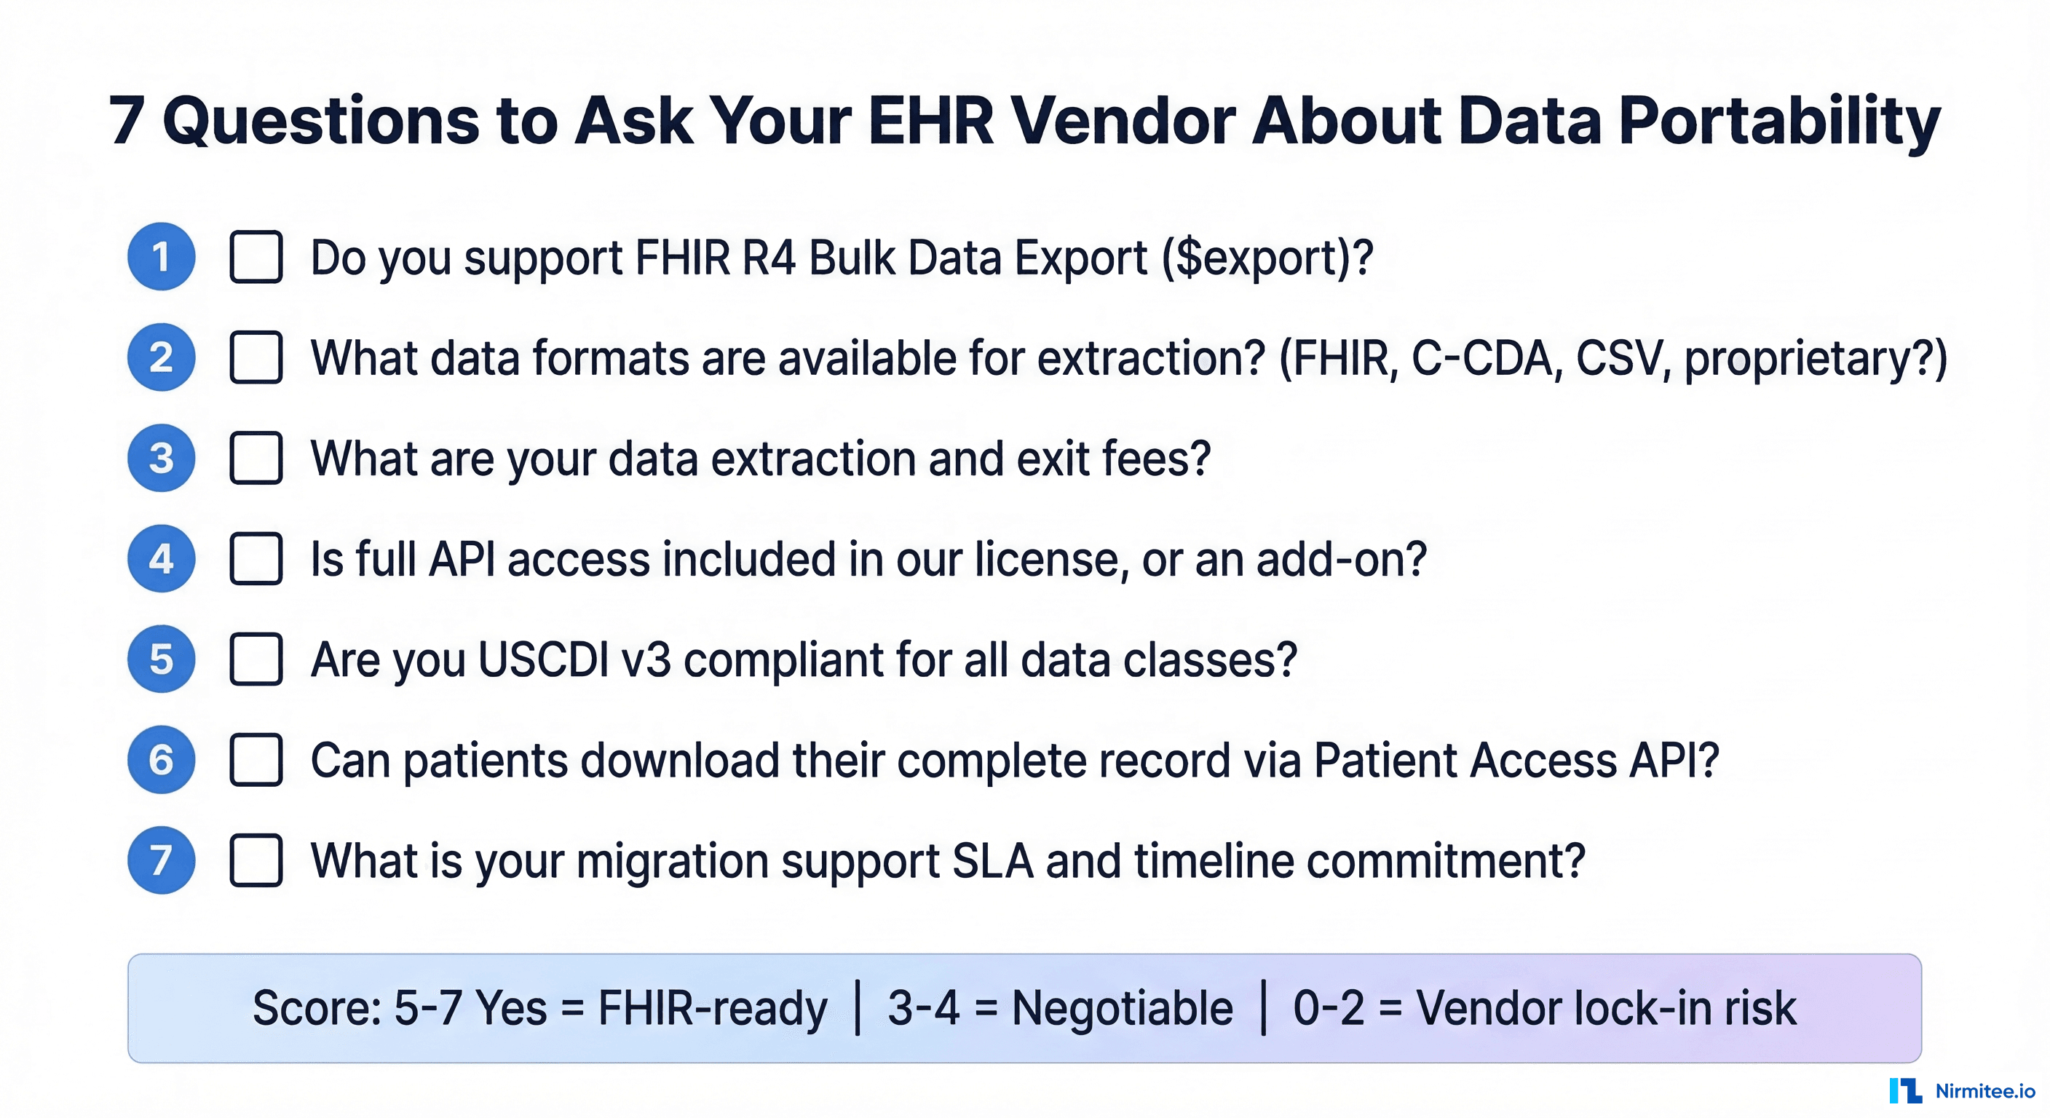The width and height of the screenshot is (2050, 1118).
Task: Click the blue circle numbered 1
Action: tap(161, 256)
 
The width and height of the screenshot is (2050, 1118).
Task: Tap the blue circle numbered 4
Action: tap(161, 558)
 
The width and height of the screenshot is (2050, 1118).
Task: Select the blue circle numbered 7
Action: tap(161, 860)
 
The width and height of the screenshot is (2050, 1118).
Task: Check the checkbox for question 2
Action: tap(256, 357)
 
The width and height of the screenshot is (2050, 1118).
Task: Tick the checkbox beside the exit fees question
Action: tap(256, 458)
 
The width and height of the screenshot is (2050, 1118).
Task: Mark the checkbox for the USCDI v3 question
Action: tap(256, 659)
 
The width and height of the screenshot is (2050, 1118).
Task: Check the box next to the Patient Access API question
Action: tap(256, 760)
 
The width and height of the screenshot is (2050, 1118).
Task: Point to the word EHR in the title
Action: tap(931, 121)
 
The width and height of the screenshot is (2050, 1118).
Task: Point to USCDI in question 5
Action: tap(544, 659)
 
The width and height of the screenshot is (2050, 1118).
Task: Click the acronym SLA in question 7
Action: tap(992, 861)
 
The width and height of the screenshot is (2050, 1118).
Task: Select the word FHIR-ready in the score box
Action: tap(712, 1009)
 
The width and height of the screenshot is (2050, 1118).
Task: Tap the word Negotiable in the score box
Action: tap(1122, 1008)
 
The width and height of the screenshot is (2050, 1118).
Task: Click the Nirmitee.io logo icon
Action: tap(1905, 1091)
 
